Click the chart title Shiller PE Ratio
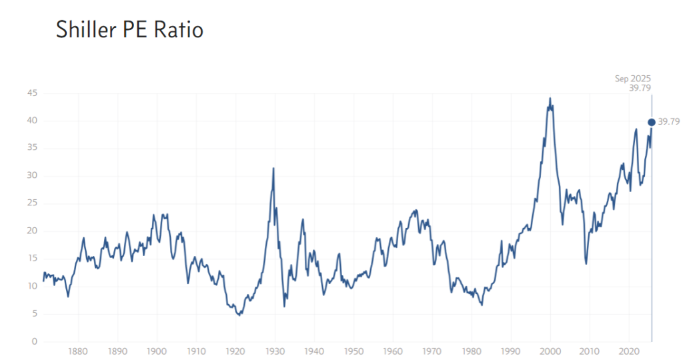pos(129,30)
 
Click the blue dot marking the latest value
pos(652,122)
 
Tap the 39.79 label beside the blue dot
pos(669,122)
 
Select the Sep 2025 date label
pos(632,79)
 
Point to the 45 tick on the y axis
pos(31,93)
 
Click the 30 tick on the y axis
pos(31,176)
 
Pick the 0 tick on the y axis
pos(34,342)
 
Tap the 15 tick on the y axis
pos(31,259)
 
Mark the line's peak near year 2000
pos(550,99)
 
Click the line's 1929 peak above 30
pos(273,168)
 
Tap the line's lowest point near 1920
pos(239,315)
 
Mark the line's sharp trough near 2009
pos(586,263)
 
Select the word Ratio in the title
pos(179,30)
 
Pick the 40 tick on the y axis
pos(31,121)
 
